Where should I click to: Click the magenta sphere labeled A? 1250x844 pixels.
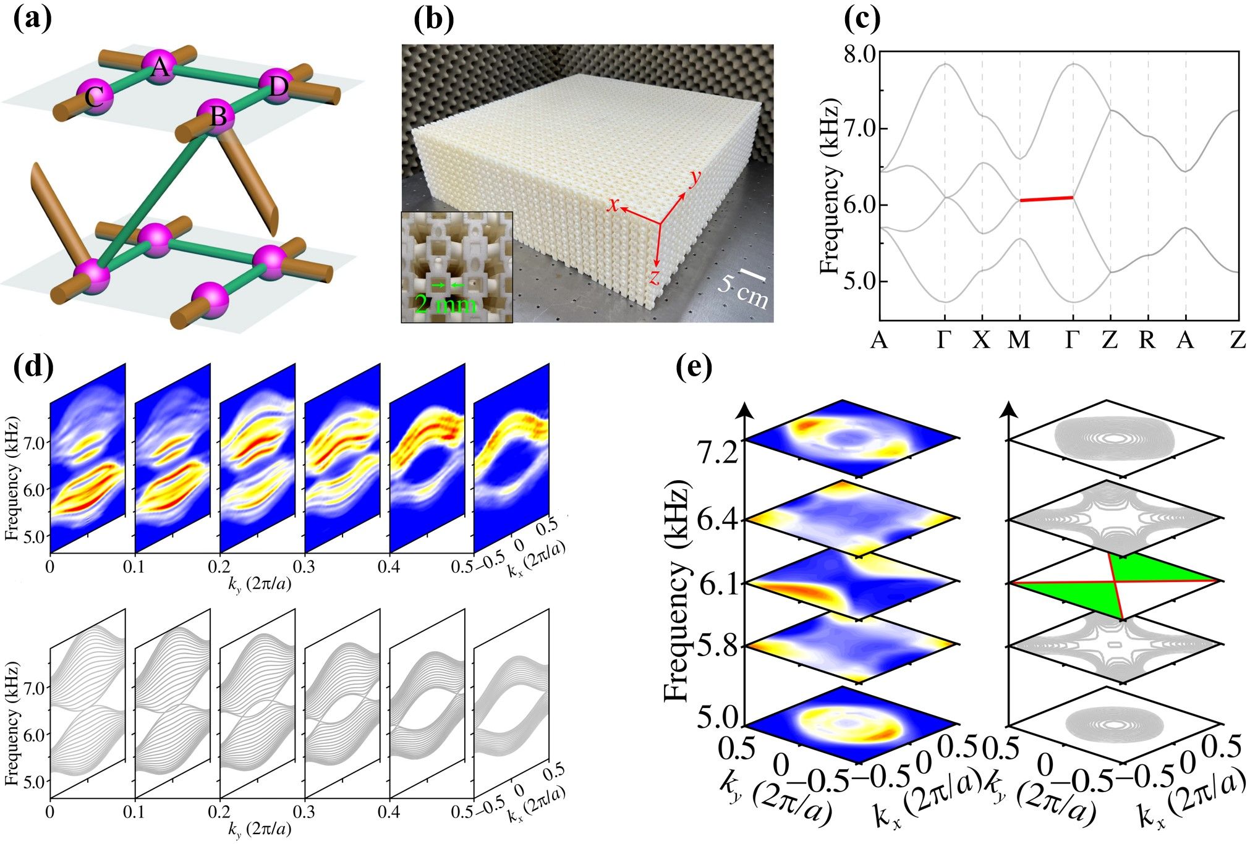[x=160, y=67]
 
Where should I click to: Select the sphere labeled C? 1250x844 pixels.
[x=95, y=97]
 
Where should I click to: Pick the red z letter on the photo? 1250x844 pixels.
[x=653, y=277]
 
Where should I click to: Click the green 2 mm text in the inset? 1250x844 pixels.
[x=445, y=305]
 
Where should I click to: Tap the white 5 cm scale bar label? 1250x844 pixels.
[x=744, y=291]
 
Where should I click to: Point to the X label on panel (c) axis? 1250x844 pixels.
[x=981, y=340]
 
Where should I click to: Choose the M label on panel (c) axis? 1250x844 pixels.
[x=1019, y=340]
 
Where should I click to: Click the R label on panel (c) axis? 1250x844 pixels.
[x=1147, y=340]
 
